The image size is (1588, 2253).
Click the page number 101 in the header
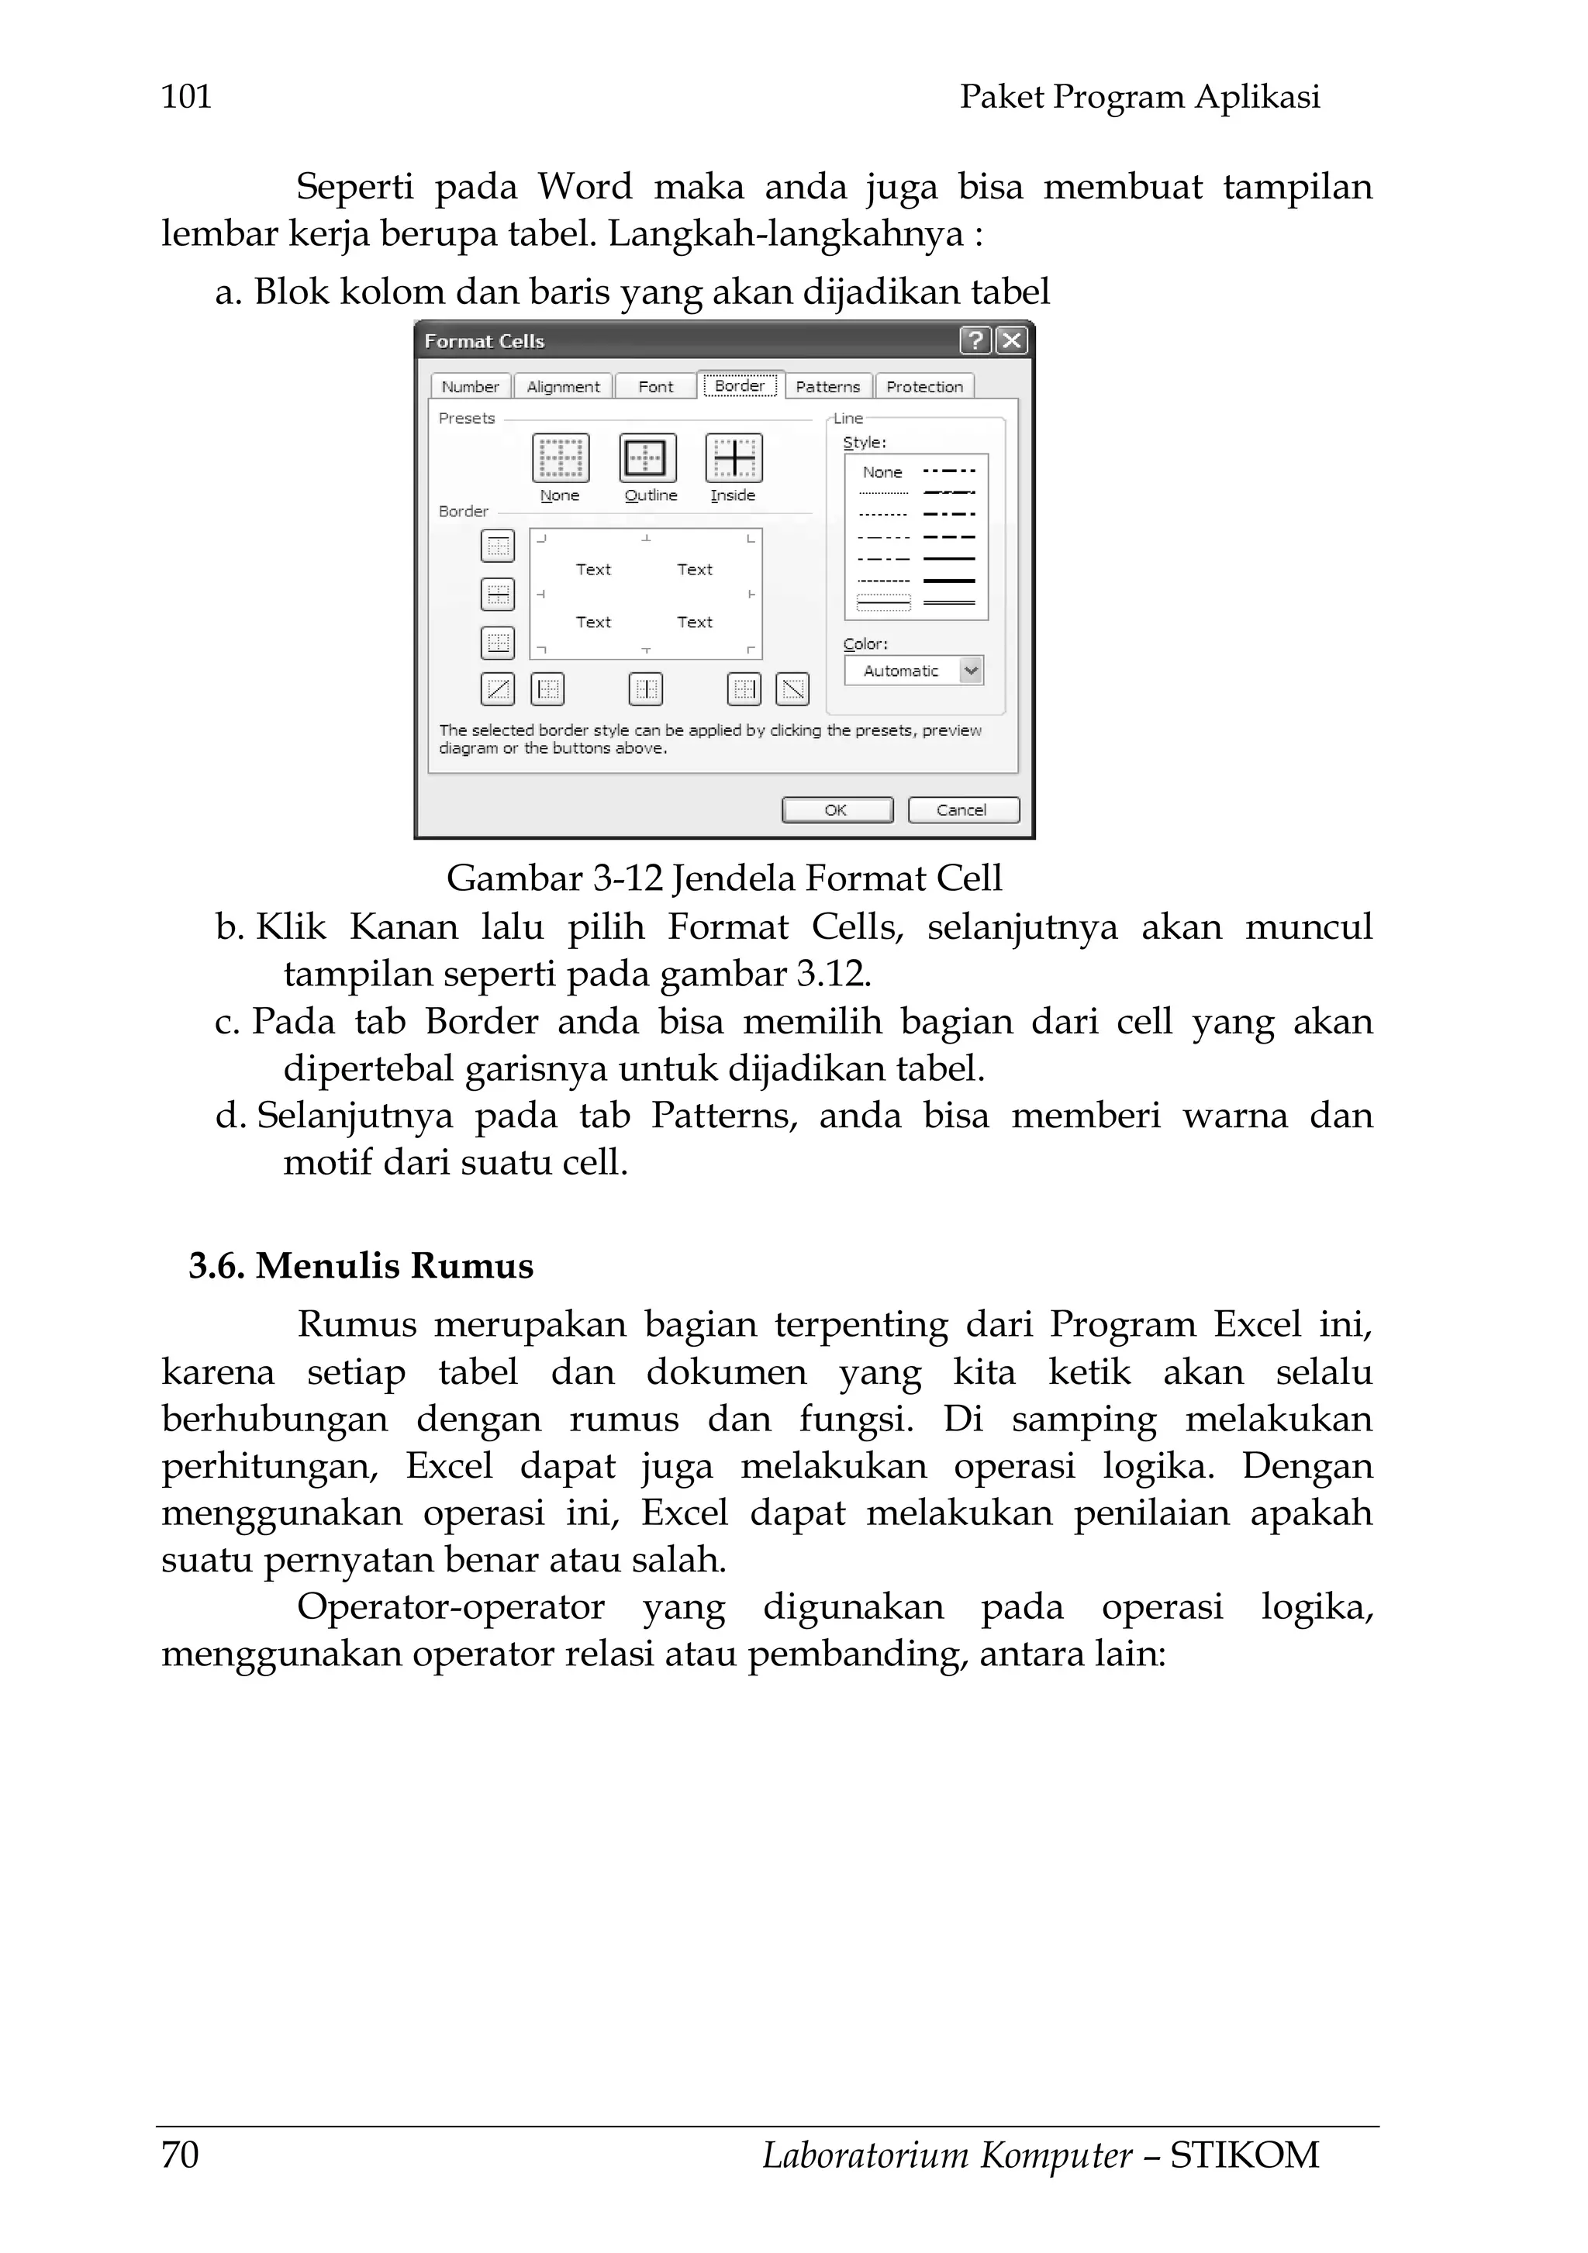point(186,96)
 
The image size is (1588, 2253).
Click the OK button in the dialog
point(836,809)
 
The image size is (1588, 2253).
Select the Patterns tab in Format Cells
point(827,387)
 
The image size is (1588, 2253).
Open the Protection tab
point(924,387)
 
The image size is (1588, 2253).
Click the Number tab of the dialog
point(470,387)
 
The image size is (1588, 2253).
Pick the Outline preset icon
point(647,458)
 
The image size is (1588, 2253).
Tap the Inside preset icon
point(734,458)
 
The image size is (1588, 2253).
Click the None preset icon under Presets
point(561,458)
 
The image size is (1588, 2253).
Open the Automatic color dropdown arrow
point(971,670)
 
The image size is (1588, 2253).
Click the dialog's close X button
point(1011,340)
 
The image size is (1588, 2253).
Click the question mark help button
point(975,340)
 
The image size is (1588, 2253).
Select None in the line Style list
point(882,472)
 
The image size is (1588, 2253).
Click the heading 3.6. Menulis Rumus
point(361,1266)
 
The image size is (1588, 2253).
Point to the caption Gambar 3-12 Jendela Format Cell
point(724,878)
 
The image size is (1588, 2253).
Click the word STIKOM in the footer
point(1245,2155)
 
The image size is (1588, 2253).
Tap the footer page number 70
point(181,2155)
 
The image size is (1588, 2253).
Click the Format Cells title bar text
point(484,341)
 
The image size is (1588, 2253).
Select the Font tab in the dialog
point(656,387)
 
